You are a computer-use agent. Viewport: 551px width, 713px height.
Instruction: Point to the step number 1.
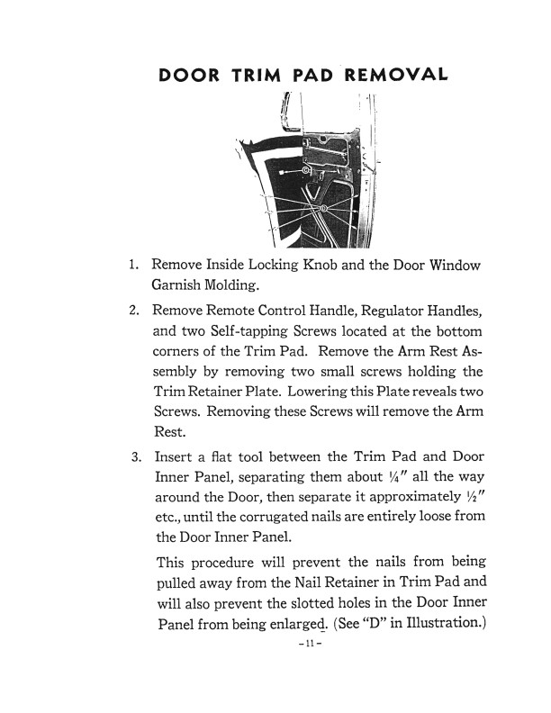pyautogui.click(x=132, y=266)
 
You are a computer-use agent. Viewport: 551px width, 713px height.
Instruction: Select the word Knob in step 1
pyautogui.click(x=314, y=266)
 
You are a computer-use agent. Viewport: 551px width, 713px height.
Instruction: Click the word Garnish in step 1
pyautogui.click(x=181, y=287)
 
